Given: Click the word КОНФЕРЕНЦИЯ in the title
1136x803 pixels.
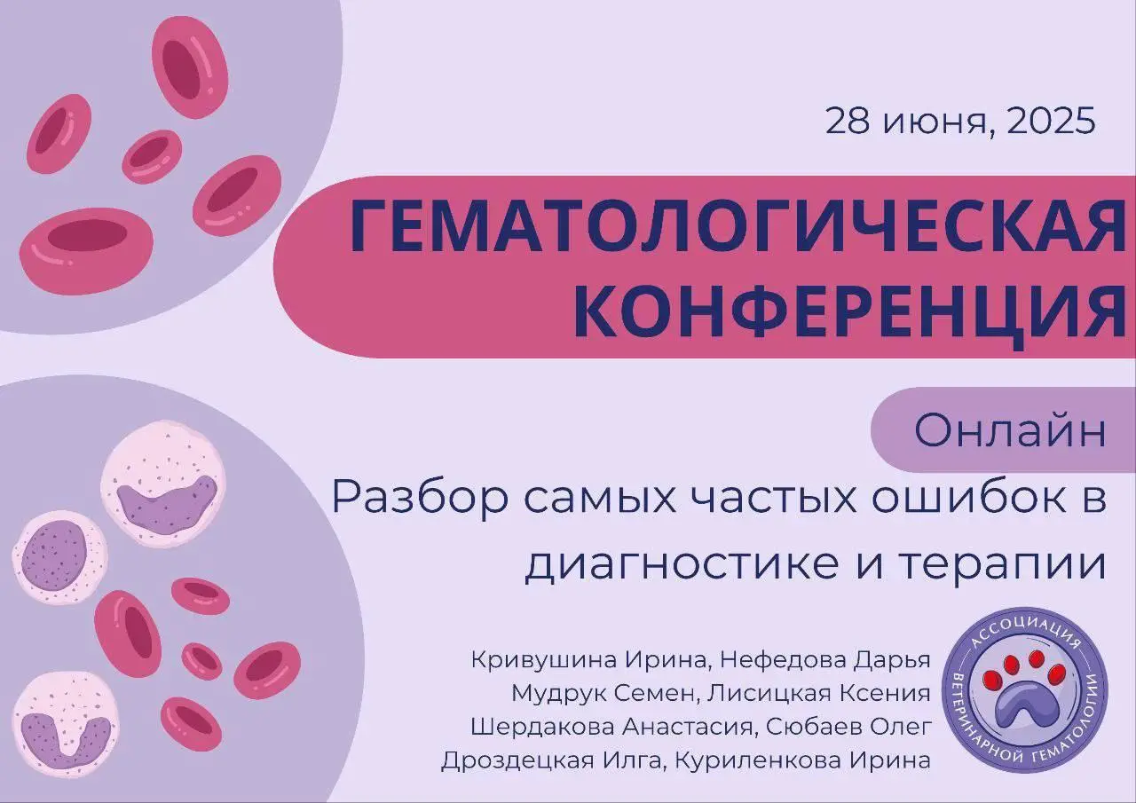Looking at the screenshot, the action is [847, 311].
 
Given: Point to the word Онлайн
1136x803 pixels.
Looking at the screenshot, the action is [1010, 431].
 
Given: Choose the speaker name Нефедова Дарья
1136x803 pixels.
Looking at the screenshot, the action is [825, 660].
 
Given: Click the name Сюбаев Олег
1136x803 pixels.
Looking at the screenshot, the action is [848, 727].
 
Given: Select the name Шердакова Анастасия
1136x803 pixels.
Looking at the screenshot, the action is [611, 727].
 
